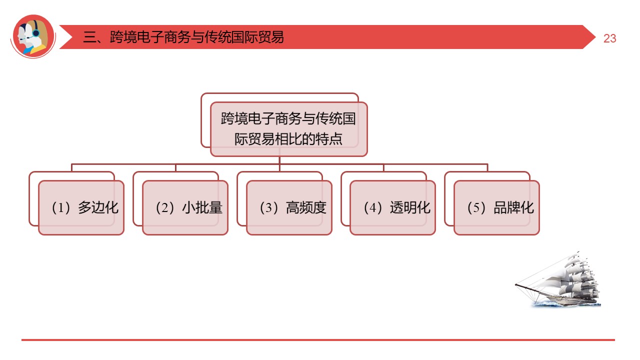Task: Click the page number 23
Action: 609,38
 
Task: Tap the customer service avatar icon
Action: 33,36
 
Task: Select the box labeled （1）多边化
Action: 81,207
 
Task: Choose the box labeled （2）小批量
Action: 185,207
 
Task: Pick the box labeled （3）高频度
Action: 289,207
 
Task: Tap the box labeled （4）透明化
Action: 392,207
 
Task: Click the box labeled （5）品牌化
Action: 496,207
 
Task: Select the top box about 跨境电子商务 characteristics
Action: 288,129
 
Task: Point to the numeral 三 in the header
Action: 89,37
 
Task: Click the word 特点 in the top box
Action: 329,138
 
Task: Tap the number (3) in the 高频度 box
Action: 268,208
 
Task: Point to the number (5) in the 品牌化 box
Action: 476,208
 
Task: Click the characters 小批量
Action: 202,207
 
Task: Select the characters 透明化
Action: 410,207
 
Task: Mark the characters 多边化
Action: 98,207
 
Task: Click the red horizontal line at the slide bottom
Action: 318,340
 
